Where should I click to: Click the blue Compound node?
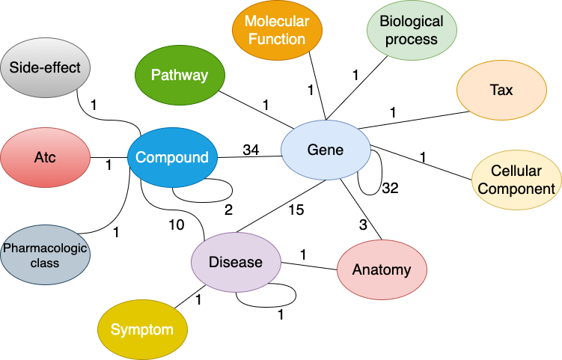point(172,158)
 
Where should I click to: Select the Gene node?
point(326,150)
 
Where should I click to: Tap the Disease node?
point(236,262)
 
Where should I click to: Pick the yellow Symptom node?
point(142,330)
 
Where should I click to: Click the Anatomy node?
point(382,270)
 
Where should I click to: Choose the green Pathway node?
point(180,75)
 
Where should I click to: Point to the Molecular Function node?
point(277,31)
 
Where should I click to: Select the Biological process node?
point(412,31)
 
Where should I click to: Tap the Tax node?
point(501,91)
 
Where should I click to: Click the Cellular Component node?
point(516,180)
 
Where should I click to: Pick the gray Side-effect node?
point(45,68)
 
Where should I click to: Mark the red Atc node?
point(45,158)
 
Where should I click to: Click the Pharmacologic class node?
point(45,254)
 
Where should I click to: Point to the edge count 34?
point(251,150)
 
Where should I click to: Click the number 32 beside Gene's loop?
point(390,188)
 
